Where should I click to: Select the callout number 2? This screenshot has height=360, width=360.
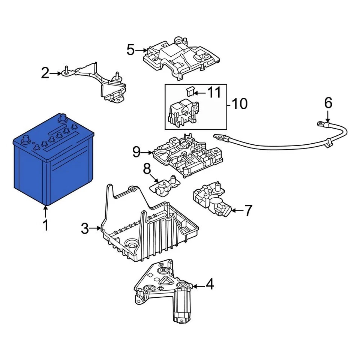45,73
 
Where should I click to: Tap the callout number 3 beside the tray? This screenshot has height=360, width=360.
85,228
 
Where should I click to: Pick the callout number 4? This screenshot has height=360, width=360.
209,285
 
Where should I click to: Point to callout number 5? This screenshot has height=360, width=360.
130,50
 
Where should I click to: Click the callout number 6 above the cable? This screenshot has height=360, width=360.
328,102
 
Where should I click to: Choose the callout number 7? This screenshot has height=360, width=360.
249,211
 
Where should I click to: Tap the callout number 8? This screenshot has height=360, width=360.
147,169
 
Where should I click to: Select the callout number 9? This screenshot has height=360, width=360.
136,152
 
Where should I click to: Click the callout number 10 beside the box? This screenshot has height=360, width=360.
240,104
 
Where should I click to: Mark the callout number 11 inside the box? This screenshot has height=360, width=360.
214,92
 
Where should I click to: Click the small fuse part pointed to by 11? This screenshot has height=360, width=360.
190,91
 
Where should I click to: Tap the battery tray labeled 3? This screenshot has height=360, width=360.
150,232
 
